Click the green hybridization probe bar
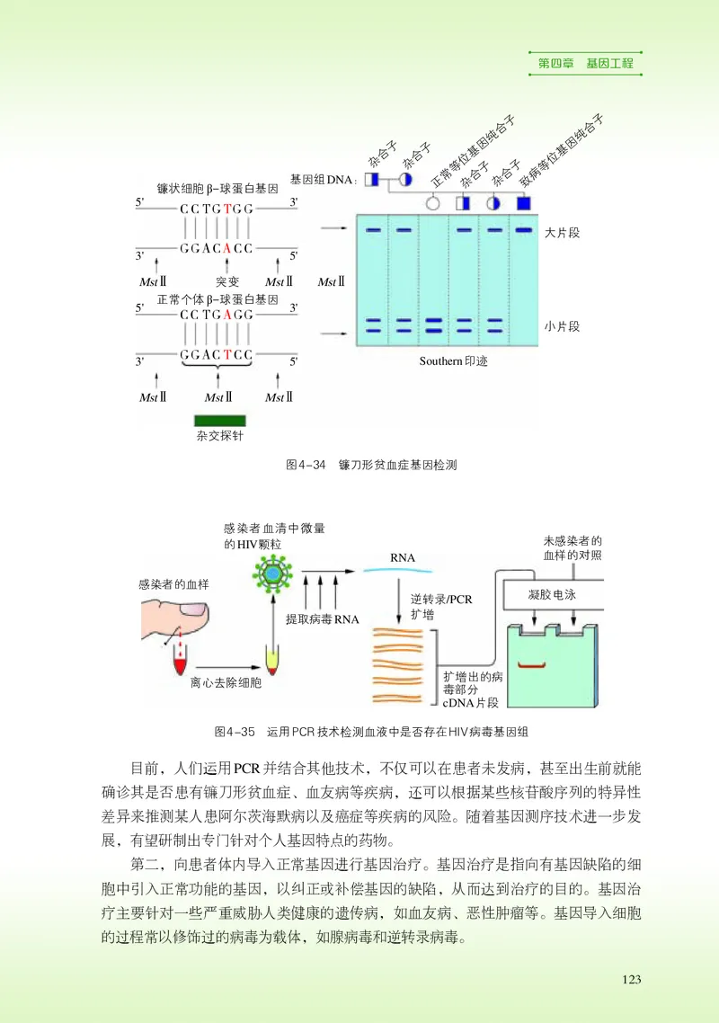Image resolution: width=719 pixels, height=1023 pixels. [219, 420]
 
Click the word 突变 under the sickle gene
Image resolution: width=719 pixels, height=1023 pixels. [227, 281]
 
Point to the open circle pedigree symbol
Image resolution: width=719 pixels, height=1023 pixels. [432, 203]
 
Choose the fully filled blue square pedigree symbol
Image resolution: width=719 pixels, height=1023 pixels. [524, 203]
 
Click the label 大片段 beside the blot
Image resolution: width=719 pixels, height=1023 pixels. [563, 233]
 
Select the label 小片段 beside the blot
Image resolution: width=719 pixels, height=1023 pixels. [563, 326]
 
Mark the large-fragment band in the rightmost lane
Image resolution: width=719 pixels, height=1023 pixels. [524, 231]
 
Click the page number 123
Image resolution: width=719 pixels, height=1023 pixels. [632, 979]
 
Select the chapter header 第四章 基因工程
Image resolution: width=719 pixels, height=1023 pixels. [585, 64]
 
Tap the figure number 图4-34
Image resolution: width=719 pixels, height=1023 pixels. [305, 465]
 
